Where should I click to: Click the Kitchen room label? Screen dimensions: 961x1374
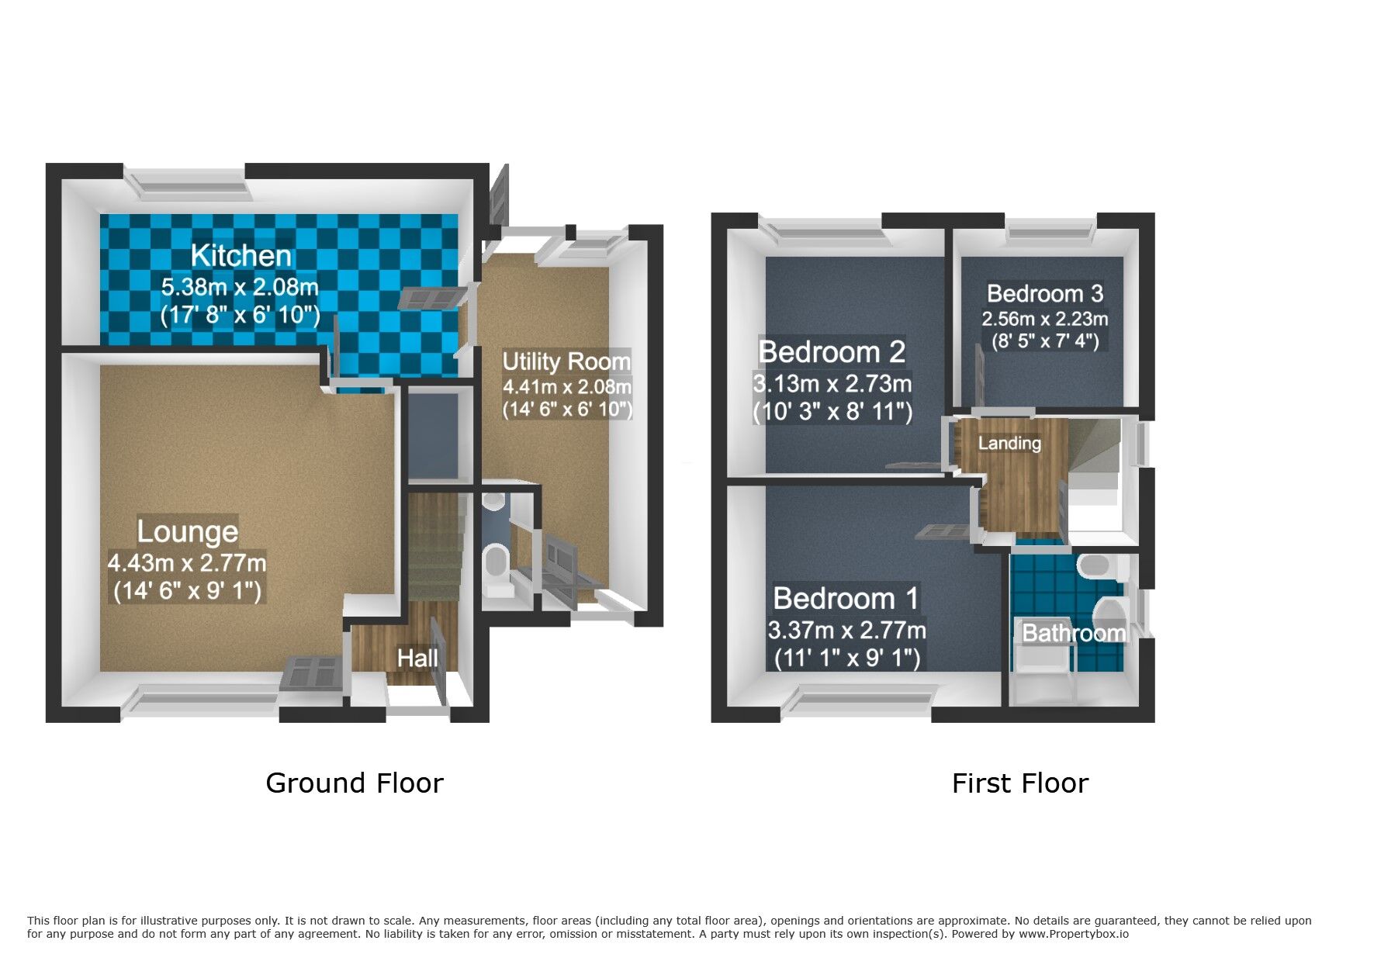pos(241,255)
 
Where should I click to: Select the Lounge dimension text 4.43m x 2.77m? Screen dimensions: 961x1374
pos(187,562)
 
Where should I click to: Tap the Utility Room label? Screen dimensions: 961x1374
pos(566,361)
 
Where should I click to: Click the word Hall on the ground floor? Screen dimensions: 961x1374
pos(417,659)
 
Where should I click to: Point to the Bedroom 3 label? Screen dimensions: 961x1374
pos(1045,293)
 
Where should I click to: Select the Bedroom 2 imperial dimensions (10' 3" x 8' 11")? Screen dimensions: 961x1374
pos(832,411)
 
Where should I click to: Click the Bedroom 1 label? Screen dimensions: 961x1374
pos(846,599)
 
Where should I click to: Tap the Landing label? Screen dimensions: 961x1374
pos(1009,443)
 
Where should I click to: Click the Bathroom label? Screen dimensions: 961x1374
pos(1074,633)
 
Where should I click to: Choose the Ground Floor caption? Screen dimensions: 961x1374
pos(355,783)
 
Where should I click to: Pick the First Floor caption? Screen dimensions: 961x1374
pos(1019,783)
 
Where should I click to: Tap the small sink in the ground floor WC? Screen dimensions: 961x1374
pos(493,501)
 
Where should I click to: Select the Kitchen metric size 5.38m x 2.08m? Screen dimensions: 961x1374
pos(240,287)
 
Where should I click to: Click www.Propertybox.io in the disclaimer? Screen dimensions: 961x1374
pos(1074,934)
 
